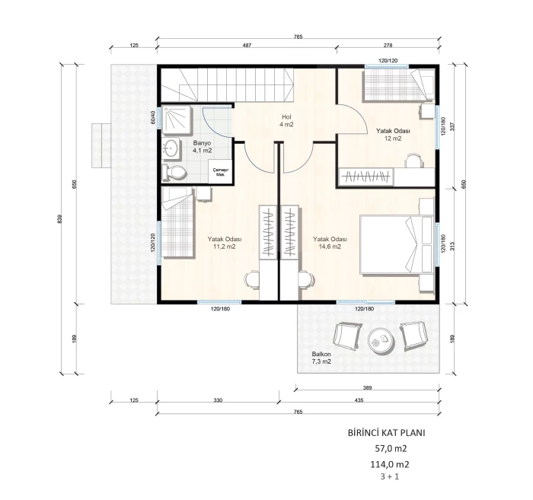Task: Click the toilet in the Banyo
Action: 174,172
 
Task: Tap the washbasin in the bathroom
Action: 172,148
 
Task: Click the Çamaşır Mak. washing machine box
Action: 220,172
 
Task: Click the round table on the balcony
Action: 381,340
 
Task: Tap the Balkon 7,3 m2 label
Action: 321,358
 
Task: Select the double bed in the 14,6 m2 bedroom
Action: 397,244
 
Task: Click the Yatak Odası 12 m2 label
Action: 393,135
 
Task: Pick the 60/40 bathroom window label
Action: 153,117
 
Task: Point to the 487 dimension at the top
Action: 247,45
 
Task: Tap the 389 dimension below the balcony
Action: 368,387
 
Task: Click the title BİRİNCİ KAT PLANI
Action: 387,433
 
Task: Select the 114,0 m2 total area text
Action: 390,464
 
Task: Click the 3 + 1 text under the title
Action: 390,476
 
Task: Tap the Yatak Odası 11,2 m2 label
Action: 225,243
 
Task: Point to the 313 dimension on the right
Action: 452,245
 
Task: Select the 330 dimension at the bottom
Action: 219,400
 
